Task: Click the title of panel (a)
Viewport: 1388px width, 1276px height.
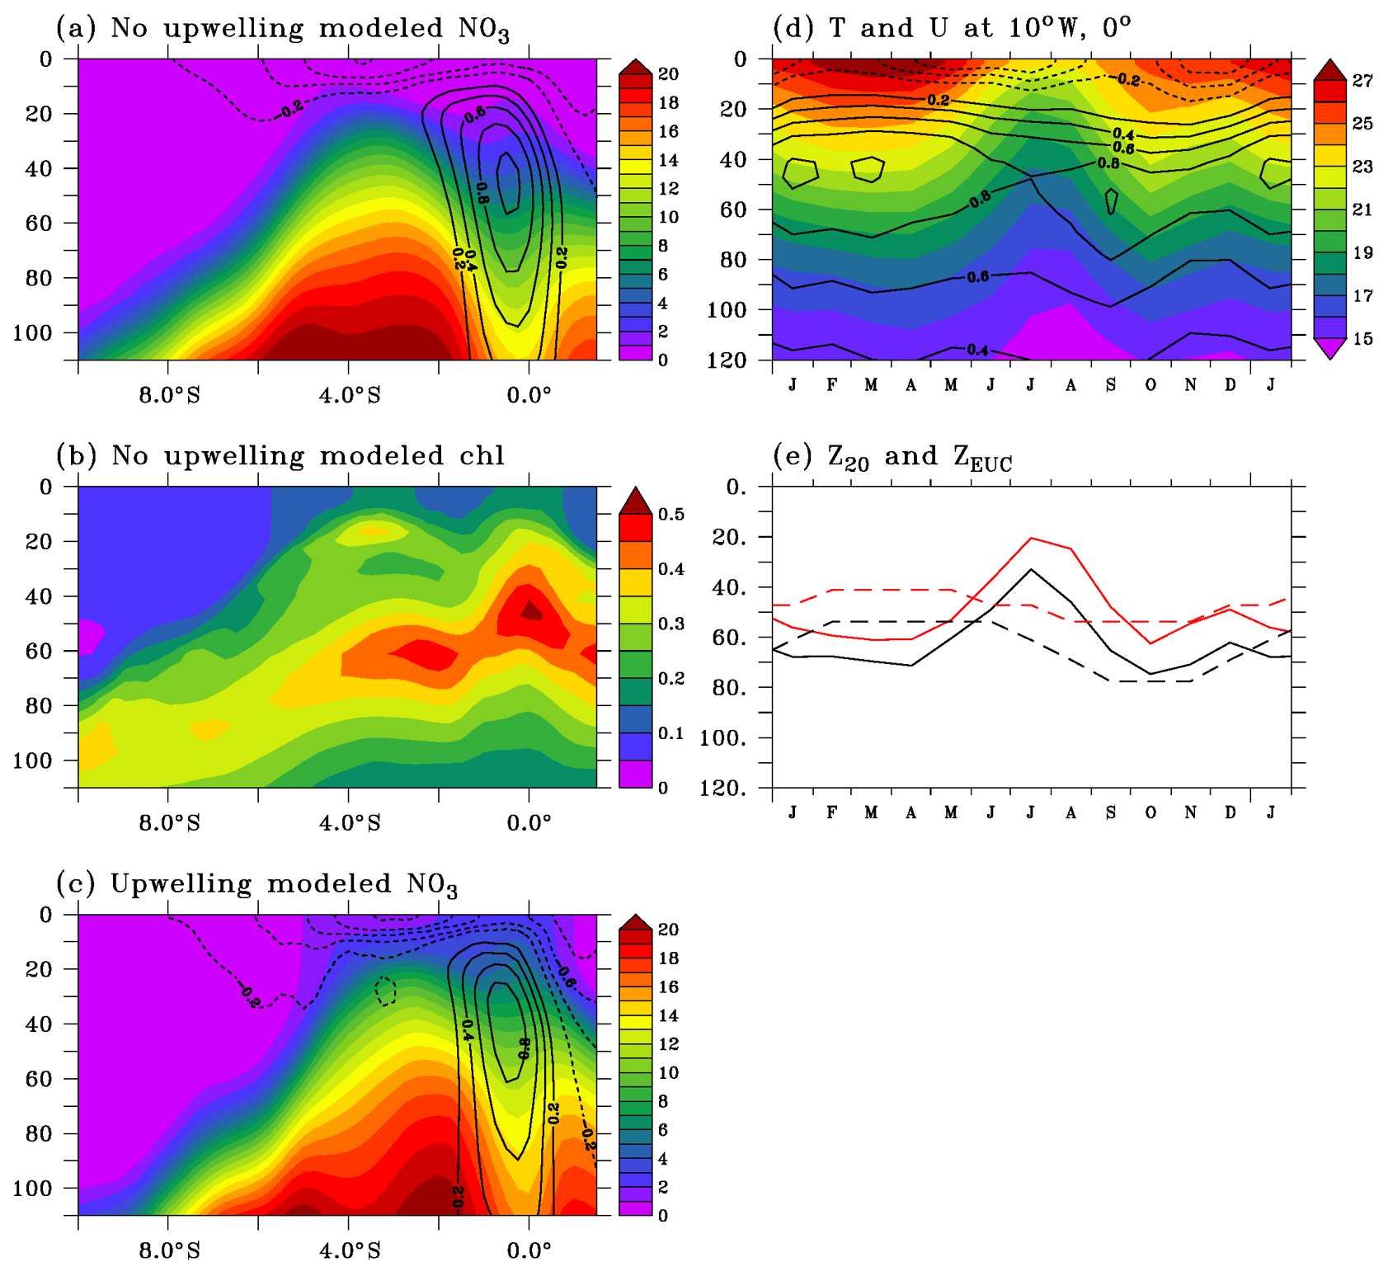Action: tap(282, 29)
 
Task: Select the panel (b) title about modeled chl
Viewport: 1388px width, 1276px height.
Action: tap(280, 456)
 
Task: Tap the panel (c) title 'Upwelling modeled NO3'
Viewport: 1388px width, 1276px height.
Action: tap(256, 884)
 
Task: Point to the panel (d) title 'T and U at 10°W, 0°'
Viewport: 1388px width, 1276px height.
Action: tap(952, 29)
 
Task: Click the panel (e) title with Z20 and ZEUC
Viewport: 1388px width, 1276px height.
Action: tap(892, 458)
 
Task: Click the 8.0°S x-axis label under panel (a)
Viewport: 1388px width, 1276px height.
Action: tap(169, 396)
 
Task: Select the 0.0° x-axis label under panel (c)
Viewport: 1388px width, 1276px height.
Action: tap(529, 1251)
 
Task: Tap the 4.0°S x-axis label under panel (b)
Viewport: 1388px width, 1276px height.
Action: tap(350, 823)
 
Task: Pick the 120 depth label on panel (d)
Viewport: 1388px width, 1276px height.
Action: tap(727, 360)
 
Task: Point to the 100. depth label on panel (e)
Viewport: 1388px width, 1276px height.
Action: tap(723, 738)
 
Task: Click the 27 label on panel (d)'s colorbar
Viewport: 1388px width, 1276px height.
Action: tap(1362, 81)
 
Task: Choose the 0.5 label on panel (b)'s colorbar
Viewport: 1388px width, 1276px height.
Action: tap(671, 515)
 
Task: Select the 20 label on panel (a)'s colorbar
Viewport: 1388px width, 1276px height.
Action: tap(668, 74)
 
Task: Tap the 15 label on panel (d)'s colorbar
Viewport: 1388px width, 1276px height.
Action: tap(1362, 339)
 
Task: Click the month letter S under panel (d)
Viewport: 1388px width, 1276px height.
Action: tap(1111, 385)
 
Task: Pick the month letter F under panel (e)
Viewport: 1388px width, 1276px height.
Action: tap(832, 812)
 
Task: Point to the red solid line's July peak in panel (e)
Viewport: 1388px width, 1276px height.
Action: tap(1031, 539)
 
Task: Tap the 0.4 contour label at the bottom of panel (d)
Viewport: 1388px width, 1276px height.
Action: tap(977, 351)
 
